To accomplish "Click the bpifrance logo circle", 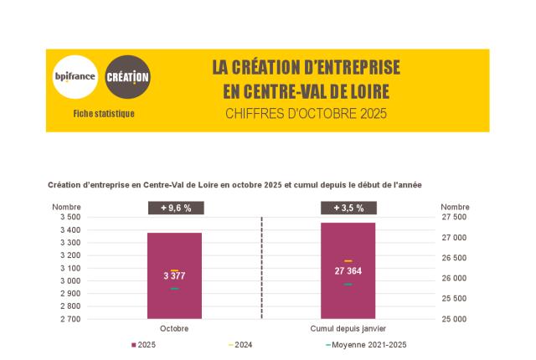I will coord(75,77).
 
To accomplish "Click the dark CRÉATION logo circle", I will coord(128,77).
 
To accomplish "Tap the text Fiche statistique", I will coord(104,113).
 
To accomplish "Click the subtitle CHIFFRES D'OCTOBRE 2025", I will coord(306,113).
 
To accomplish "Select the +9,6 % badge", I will coord(174,208).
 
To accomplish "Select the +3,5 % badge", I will coord(348,208).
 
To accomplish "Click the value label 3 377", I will coord(174,275).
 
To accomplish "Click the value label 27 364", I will coord(348,271).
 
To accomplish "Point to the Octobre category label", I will coord(174,328).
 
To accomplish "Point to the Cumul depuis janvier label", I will coord(348,328).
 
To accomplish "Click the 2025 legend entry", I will coord(143,345).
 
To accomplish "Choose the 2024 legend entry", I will coord(240,345).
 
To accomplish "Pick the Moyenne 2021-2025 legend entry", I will coord(366,345).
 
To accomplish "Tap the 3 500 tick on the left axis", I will coord(69,217).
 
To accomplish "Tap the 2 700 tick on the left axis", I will coord(69,319).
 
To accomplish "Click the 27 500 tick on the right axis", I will coord(454,217).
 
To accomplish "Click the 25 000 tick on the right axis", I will coord(454,319).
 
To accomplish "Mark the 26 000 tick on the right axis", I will coord(454,278).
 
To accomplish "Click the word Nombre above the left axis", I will coord(66,207).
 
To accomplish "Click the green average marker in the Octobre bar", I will coord(174,289).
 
